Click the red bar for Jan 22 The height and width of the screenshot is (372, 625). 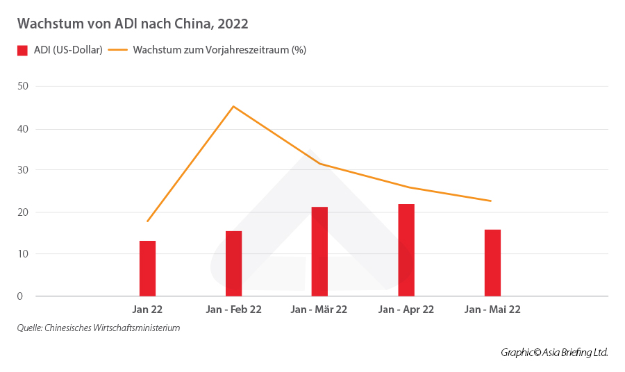[147, 269]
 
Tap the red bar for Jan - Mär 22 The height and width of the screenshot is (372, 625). [319, 251]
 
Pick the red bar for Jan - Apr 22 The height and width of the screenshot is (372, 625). [406, 250]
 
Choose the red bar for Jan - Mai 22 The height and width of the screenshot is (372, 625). [492, 262]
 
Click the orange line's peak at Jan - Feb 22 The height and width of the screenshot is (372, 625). [233, 106]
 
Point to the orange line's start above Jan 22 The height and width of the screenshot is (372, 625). [147, 221]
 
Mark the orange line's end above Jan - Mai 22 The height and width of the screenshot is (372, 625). [491, 201]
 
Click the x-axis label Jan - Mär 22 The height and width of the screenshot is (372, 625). [319, 310]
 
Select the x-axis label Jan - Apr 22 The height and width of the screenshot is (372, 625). [406, 310]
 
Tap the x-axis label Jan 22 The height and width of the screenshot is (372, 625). [147, 310]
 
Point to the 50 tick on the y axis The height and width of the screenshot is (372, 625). [23, 86]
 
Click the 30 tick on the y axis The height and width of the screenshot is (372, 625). [23, 170]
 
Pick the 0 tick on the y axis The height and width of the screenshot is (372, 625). [21, 296]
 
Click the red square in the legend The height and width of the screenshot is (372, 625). [22, 51]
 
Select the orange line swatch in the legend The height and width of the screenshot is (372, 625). [117, 51]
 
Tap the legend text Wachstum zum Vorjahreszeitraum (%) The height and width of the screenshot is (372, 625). [219, 51]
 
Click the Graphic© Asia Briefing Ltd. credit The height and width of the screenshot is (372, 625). [554, 353]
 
